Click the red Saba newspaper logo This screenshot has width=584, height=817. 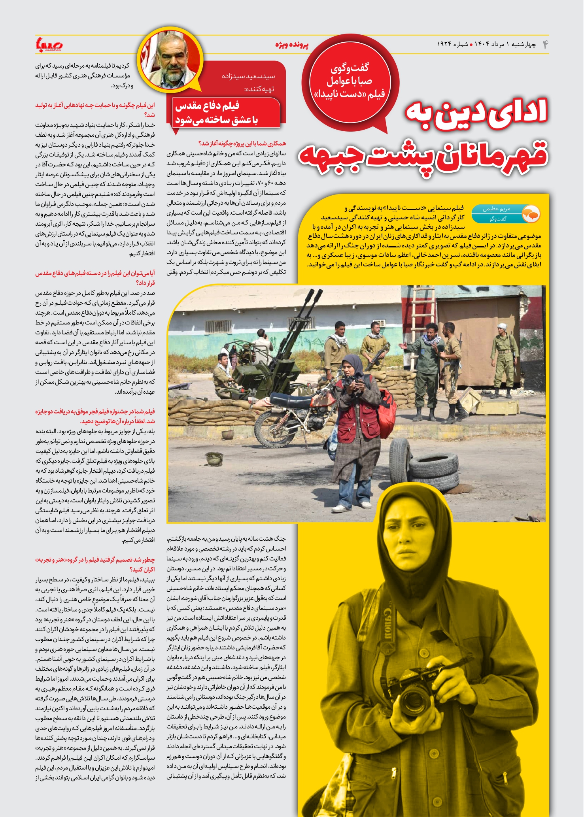click(x=49, y=45)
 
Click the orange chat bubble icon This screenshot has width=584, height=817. click(x=531, y=214)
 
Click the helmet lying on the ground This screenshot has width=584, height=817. click(x=214, y=459)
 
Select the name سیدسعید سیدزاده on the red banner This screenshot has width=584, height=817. click(x=248, y=76)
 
